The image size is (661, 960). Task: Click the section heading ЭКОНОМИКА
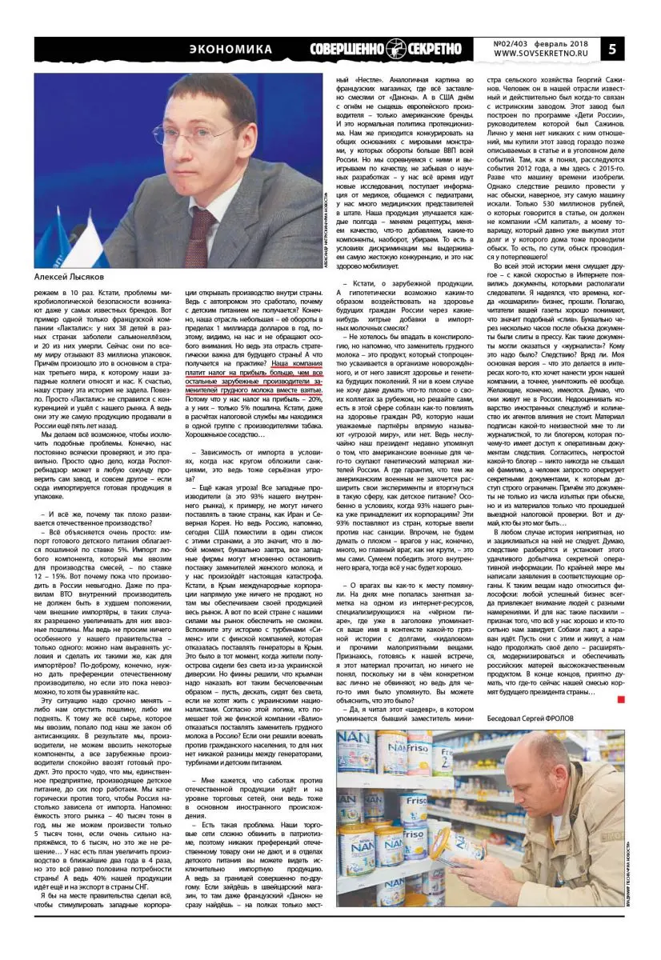tap(230, 50)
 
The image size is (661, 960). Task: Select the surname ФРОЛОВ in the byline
tap(596, 719)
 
